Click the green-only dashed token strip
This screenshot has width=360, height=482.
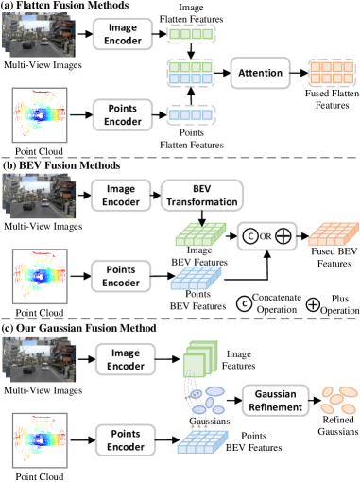tap(191, 34)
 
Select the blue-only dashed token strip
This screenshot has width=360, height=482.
tap(191, 114)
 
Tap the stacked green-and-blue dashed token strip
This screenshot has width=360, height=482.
tap(191, 73)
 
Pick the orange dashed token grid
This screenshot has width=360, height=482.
tap(331, 73)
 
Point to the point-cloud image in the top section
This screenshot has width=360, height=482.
tap(40, 115)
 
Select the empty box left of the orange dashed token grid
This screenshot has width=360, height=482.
tap(260, 73)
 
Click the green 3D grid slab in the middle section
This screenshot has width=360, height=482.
tap(200, 234)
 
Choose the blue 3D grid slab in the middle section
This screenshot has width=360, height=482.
tap(196, 278)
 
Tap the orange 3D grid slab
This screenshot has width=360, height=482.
tap(333, 234)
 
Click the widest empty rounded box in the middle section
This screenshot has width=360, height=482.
tap(202, 196)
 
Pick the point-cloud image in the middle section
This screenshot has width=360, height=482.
tap(40, 276)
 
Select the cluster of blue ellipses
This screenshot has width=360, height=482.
tap(206, 400)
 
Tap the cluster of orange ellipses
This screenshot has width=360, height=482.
tap(338, 400)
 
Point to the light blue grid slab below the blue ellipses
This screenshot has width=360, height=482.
tap(202, 441)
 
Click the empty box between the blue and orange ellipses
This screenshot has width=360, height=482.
tap(275, 400)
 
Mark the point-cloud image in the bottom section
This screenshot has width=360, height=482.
tap(40, 439)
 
